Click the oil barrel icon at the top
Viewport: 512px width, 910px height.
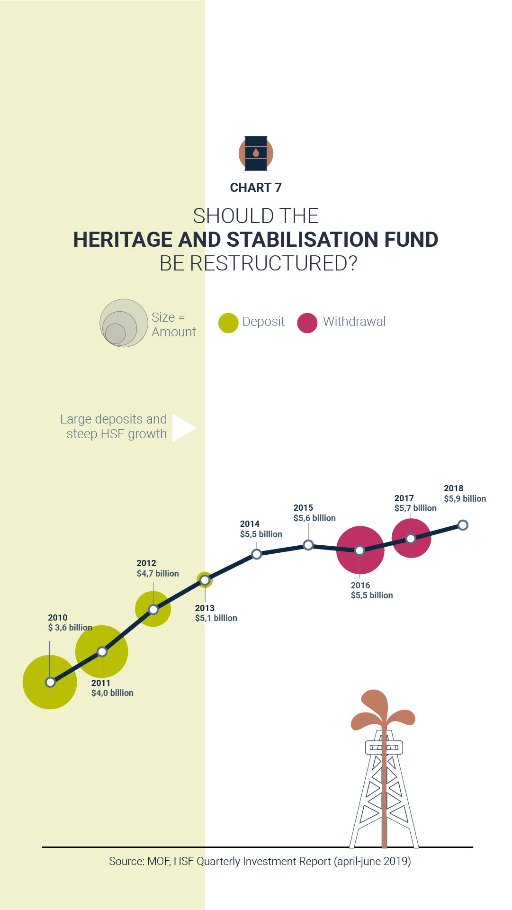pyautogui.click(x=256, y=153)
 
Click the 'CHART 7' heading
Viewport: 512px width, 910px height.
pyautogui.click(x=256, y=188)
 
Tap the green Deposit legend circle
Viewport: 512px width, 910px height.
pyautogui.click(x=228, y=323)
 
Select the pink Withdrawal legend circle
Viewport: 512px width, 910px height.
pyautogui.click(x=307, y=323)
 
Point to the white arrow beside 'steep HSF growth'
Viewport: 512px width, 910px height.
pyautogui.click(x=183, y=428)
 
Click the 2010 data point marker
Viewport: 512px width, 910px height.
pyautogui.click(x=50, y=682)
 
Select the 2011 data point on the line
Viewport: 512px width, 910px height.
pyautogui.click(x=102, y=652)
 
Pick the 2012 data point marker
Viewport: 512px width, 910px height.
pyautogui.click(x=153, y=609)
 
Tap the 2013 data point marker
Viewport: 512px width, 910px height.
pyautogui.click(x=205, y=580)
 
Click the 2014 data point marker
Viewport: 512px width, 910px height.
pyautogui.click(x=256, y=554)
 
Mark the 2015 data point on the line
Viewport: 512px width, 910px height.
pyautogui.click(x=308, y=545)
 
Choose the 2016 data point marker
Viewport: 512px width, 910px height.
pyautogui.click(x=359, y=550)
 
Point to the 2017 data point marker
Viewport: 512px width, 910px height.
pyautogui.click(x=411, y=539)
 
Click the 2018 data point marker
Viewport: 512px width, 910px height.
pyautogui.click(x=463, y=525)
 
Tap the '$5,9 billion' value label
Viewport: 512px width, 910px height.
pyautogui.click(x=465, y=499)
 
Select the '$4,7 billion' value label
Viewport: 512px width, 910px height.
pyautogui.click(x=158, y=574)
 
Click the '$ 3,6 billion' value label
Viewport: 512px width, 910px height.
pyautogui.click(x=70, y=628)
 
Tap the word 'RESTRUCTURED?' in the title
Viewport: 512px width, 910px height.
pyautogui.click(x=273, y=263)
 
